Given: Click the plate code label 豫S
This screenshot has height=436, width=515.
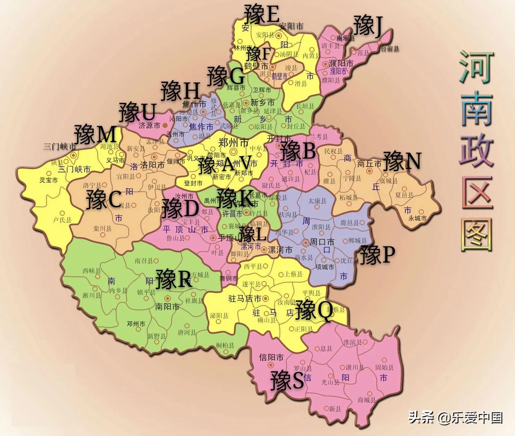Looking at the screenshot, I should point(287,381).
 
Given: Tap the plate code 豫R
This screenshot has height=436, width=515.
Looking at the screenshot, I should point(173,279).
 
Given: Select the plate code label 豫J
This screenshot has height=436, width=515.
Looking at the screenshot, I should point(368,26).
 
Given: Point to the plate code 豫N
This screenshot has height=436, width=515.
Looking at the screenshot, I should point(402,161).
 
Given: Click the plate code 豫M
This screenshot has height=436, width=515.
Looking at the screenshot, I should point(95,135).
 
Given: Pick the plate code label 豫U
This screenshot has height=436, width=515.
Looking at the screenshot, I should point(137,112).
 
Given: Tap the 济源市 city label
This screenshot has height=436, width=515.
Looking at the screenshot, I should point(149,125).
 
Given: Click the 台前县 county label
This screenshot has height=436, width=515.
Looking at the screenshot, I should point(390,49).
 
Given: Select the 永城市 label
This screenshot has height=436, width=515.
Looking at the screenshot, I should point(417,218).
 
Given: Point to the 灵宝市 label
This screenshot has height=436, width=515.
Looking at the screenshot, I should point(49,180).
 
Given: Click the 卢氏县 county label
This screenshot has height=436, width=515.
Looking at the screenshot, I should point(62,220).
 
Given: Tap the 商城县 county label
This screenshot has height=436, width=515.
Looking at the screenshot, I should point(367,400).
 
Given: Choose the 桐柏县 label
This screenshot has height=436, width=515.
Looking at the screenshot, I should point(225,345).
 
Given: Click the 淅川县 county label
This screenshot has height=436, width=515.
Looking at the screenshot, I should point(92,295).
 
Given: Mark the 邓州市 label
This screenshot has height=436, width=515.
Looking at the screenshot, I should point(136,324).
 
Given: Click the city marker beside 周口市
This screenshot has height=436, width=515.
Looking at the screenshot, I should point(305,242).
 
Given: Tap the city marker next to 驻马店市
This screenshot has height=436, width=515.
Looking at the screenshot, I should point(265,299).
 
